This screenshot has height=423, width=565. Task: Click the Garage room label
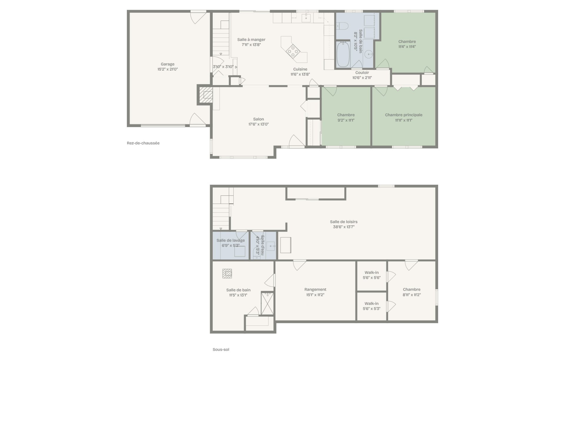167,64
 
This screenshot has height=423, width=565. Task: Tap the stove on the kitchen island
293,52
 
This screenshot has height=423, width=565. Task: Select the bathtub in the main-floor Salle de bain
343,54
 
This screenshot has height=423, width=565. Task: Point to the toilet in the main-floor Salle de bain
342,26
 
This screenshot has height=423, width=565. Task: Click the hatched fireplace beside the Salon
206,95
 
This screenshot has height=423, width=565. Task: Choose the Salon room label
258,119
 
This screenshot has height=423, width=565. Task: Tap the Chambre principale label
403,115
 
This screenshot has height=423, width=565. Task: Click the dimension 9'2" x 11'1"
346,120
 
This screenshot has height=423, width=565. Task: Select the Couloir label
362,73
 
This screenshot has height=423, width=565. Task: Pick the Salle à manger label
251,40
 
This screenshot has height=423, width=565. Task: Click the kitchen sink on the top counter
306,18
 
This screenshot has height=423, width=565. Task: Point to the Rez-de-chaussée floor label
143,143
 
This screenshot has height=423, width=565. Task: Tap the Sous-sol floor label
221,350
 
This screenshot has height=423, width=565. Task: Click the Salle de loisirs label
344,222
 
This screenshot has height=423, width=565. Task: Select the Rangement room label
315,290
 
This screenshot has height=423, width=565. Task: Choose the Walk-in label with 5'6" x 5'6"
372,273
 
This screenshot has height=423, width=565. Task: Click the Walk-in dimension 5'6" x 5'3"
372,309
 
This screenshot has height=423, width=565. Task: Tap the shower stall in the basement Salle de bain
267,304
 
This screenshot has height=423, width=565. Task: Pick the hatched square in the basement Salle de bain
227,273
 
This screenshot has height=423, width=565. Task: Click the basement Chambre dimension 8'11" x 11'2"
412,295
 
